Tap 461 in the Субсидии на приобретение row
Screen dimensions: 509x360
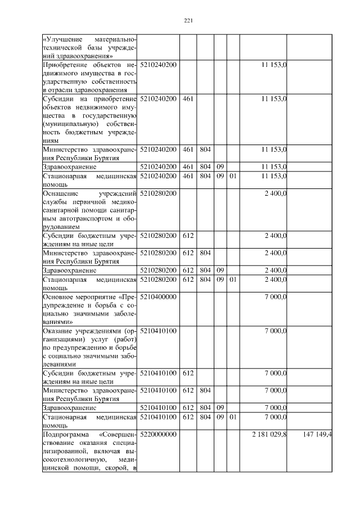point(188,98)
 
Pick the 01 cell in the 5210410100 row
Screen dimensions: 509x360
point(233,417)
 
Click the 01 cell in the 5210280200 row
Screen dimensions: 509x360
point(233,279)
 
